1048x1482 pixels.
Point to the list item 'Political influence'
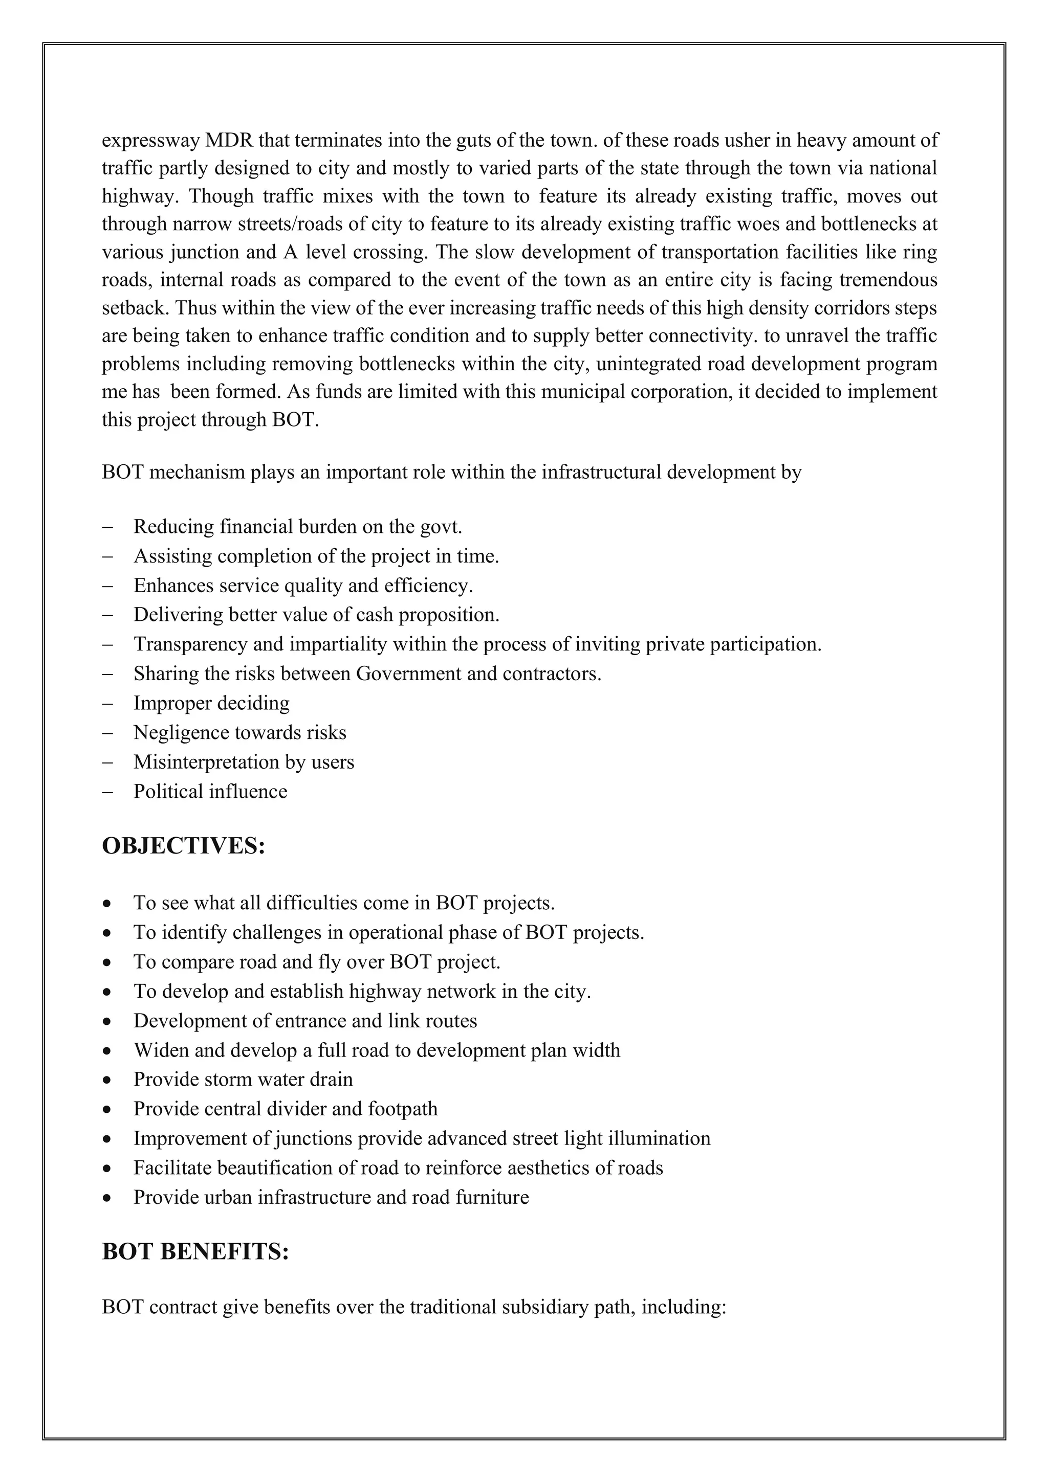coord(210,791)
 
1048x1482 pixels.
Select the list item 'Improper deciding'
coord(211,703)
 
